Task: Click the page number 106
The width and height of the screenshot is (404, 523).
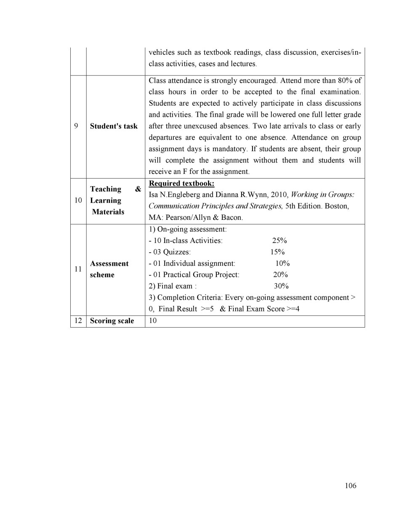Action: (x=350, y=486)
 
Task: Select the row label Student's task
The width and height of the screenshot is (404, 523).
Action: (x=114, y=126)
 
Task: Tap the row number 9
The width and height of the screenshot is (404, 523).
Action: (x=76, y=126)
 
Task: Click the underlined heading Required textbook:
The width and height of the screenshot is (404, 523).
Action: (x=181, y=184)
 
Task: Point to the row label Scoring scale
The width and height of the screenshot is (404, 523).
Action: (x=112, y=321)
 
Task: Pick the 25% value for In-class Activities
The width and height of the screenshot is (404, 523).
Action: (x=279, y=240)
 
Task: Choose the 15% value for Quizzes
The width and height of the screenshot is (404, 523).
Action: (x=277, y=252)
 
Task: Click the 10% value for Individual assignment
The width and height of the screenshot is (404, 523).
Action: (x=282, y=263)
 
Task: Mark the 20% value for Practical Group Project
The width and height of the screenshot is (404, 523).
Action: (x=280, y=275)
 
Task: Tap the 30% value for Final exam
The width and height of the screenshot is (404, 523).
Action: (x=281, y=286)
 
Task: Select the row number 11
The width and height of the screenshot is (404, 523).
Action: (x=78, y=269)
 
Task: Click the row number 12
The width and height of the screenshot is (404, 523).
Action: (x=78, y=321)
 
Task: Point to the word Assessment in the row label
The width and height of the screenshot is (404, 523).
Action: (x=109, y=264)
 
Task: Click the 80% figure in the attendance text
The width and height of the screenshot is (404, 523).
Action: (x=345, y=80)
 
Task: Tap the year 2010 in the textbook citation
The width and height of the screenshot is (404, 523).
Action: (x=279, y=195)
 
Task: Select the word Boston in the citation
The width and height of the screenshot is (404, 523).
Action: (x=336, y=206)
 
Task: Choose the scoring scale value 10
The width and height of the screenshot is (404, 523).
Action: (x=153, y=321)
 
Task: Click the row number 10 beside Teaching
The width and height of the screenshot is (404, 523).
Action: (x=78, y=200)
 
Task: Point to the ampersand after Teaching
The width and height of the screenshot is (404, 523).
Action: (x=138, y=189)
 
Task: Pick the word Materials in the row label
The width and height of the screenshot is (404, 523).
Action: (x=108, y=212)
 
